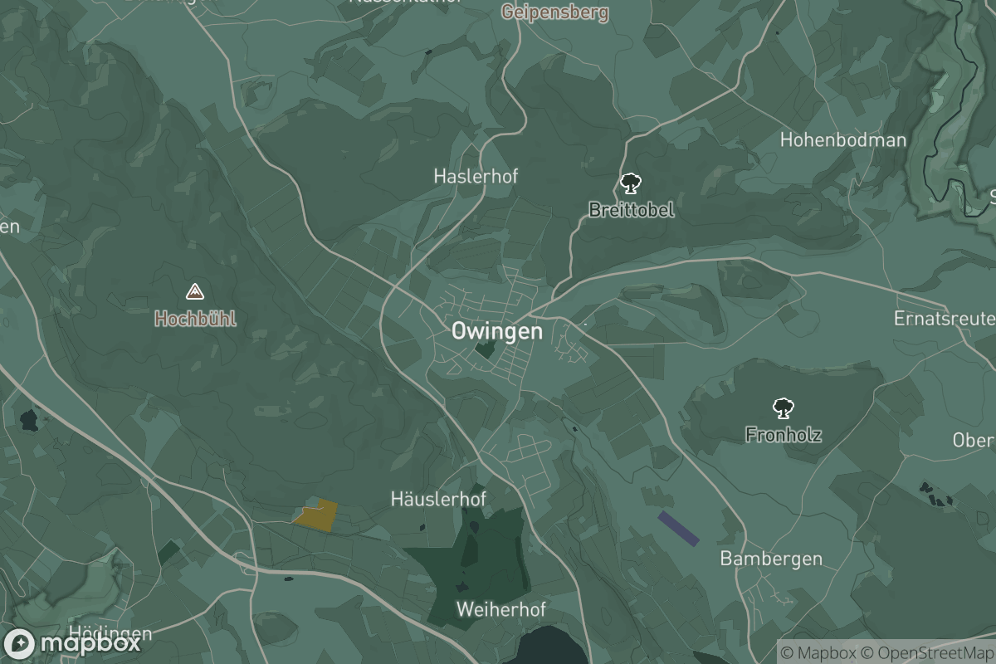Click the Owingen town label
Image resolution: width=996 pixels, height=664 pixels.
[496, 331]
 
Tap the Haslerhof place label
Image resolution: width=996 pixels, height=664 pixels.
[476, 176]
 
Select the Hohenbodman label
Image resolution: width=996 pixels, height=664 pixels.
[842, 139]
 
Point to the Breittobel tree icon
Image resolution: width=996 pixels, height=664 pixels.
[631, 183]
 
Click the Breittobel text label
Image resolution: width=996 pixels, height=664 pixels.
[631, 209]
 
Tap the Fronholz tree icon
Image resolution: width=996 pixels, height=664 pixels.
[783, 408]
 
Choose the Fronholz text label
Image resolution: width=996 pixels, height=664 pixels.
[783, 433]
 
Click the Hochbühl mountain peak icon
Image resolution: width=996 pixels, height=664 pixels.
[195, 291]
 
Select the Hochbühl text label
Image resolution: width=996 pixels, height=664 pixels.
[195, 318]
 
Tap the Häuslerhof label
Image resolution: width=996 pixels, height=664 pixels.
[438, 499]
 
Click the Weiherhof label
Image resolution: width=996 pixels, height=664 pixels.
[500, 609]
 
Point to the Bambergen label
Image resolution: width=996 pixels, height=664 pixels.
[771, 558]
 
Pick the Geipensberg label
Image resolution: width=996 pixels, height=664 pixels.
[554, 12]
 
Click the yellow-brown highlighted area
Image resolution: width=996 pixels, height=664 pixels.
[317, 515]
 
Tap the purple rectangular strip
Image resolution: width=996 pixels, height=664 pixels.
[678, 529]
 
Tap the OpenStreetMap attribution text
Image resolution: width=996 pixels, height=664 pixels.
[926, 652]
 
